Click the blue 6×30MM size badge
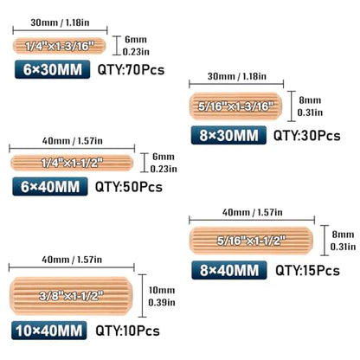(52, 69)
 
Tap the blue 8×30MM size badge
(228, 135)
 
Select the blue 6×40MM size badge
(50, 187)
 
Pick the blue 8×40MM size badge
(229, 270)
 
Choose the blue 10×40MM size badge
(49, 331)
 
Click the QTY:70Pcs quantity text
(131, 70)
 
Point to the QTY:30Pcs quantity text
(307, 136)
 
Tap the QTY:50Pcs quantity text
(129, 187)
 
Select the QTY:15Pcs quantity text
(307, 270)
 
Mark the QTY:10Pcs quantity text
(127, 331)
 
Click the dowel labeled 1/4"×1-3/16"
(60, 46)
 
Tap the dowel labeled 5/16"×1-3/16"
(235, 106)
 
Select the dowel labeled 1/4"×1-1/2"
(72, 163)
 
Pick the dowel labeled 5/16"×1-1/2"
(251, 241)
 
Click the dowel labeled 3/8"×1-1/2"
(71, 296)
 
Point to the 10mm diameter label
(162, 290)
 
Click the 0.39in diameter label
(162, 302)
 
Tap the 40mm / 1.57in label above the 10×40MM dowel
(72, 260)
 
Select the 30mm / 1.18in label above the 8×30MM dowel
(237, 76)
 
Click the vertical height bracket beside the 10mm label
(142, 296)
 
